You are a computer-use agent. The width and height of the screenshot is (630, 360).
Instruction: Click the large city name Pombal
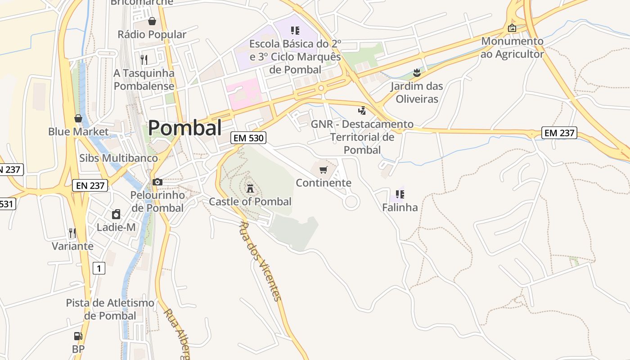184,128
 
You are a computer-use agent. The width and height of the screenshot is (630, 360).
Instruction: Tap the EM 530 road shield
248,138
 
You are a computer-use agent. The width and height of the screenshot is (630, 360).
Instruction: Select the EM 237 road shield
559,133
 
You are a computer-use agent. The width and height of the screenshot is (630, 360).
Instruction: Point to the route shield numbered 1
99,269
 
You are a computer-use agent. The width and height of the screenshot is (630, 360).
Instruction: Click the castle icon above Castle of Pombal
250,188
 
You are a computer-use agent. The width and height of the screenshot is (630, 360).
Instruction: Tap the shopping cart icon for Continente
323,170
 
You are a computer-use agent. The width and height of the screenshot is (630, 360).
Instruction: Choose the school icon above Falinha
400,194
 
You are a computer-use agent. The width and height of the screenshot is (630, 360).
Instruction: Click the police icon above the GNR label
362,110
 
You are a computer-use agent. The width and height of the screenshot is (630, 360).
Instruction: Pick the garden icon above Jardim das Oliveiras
417,72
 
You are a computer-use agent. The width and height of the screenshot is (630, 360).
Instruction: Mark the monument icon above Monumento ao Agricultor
512,28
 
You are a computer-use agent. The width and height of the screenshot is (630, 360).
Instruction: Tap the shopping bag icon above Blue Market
78,118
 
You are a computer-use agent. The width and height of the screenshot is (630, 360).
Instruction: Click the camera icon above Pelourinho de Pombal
157,182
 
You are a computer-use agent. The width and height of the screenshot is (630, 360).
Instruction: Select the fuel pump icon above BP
78,336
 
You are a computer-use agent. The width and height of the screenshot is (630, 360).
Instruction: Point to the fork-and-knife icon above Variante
72,233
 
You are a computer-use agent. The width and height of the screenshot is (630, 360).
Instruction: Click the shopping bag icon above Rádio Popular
152,21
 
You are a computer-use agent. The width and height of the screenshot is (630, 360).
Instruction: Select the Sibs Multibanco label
118,158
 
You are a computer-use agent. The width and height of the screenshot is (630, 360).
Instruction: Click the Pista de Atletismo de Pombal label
110,309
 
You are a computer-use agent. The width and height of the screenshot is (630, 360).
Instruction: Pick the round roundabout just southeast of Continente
351,202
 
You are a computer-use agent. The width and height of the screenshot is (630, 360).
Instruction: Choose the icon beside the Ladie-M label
116,214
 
